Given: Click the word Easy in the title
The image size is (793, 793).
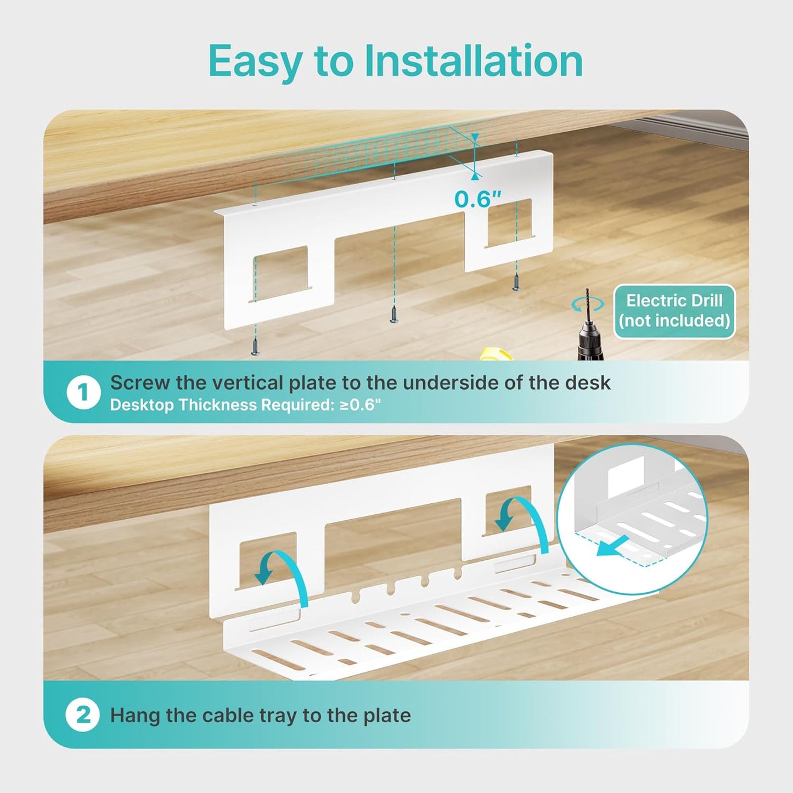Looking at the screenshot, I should (x=254, y=62).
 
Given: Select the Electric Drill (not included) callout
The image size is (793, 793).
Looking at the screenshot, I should (x=674, y=311).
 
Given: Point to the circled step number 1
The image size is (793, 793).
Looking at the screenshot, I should (x=83, y=392).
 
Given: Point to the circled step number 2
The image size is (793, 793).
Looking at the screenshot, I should (x=83, y=715).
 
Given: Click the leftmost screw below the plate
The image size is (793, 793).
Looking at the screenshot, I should (x=255, y=346).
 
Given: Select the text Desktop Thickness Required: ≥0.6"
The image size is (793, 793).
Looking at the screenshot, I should (x=245, y=405).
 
